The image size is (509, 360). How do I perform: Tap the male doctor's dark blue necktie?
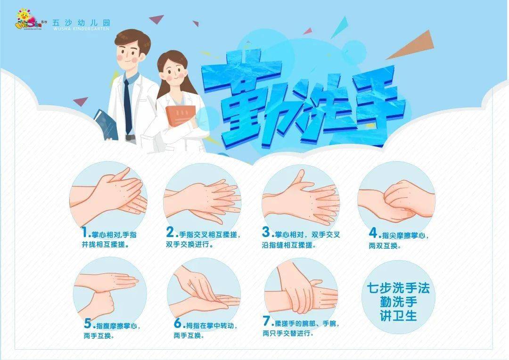tap(128, 106)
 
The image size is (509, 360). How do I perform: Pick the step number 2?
tap(171, 232)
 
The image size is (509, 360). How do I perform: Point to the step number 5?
tap(88, 324)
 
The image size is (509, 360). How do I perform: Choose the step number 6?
tap(178, 324)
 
